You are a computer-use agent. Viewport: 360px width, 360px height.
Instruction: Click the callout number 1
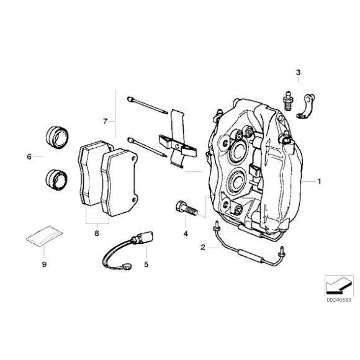(319, 182)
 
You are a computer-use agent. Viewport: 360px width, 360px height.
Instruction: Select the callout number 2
(202, 248)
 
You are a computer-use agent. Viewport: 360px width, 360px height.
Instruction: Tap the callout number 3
(298, 73)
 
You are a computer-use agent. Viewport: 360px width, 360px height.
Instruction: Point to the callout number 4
(184, 234)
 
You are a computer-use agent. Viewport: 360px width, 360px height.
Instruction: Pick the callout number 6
(29, 157)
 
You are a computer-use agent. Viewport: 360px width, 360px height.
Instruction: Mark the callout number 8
(97, 233)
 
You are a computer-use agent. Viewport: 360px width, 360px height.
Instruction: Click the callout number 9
(44, 263)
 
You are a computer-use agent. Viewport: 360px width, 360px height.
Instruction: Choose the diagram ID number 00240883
(336, 299)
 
